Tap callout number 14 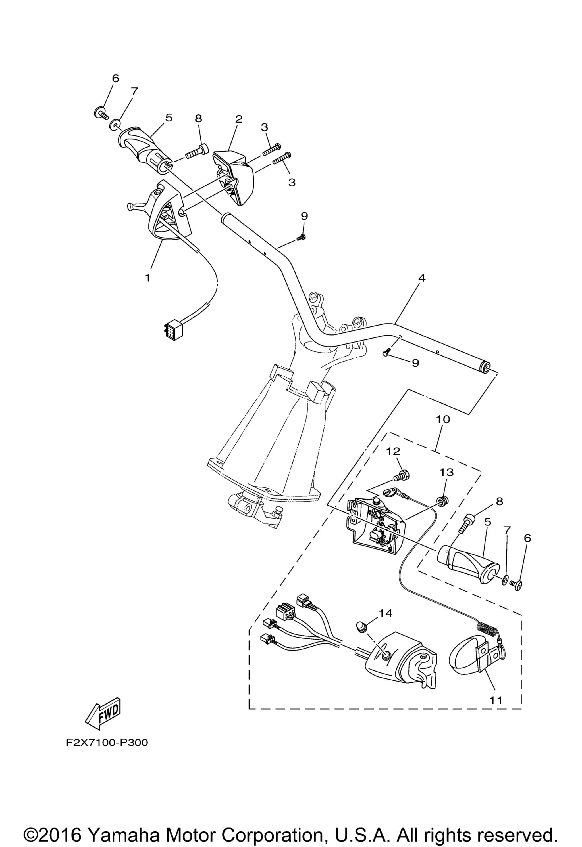click(385, 613)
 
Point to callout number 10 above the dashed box click(443, 419)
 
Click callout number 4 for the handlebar click(421, 278)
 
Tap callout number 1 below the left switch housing click(147, 278)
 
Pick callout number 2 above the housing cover click(239, 119)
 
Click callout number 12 click(393, 451)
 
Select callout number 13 click(446, 472)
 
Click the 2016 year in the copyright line click(57, 825)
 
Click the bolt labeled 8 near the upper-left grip click(197, 152)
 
